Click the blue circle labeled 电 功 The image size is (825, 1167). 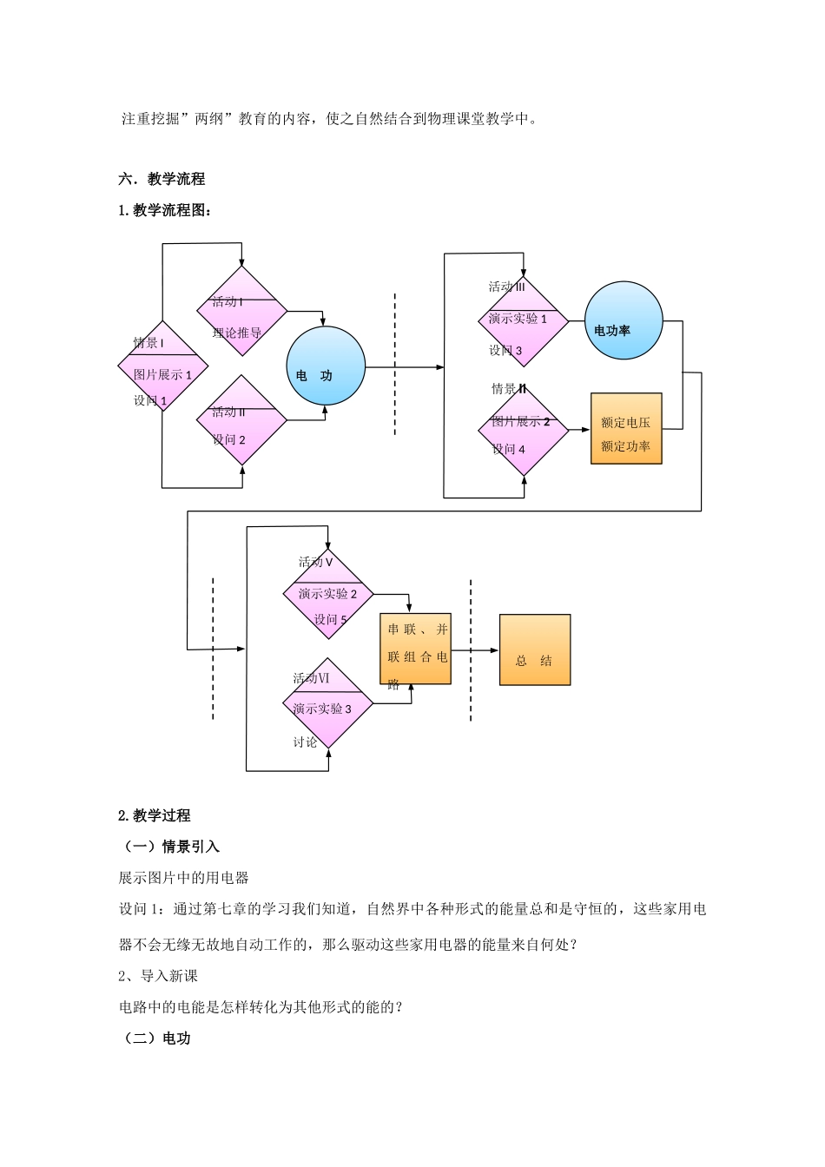[326, 366]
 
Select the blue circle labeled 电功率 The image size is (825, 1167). [624, 320]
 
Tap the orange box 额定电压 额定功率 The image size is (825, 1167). [626, 429]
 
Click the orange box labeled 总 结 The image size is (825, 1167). [535, 650]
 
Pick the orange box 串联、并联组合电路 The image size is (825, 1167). [415, 649]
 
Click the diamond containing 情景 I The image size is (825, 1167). [163, 366]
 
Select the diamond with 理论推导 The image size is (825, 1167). [241, 312]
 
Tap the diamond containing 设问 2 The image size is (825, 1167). [241, 420]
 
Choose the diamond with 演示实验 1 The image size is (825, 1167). [524, 321]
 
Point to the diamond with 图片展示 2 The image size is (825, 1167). [524, 431]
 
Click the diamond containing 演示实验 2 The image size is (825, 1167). [328, 595]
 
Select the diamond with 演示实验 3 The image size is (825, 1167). [328, 704]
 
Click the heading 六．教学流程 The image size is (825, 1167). [162, 180]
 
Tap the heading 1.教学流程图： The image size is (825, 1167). [165, 210]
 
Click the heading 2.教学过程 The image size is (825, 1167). [155, 815]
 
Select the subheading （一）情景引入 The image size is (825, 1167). [169, 847]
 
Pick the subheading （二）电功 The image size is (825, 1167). [155, 1038]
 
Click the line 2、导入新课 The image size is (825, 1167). [158, 976]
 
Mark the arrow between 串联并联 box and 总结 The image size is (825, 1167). [475, 650]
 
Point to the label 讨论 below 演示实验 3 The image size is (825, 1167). [305, 742]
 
